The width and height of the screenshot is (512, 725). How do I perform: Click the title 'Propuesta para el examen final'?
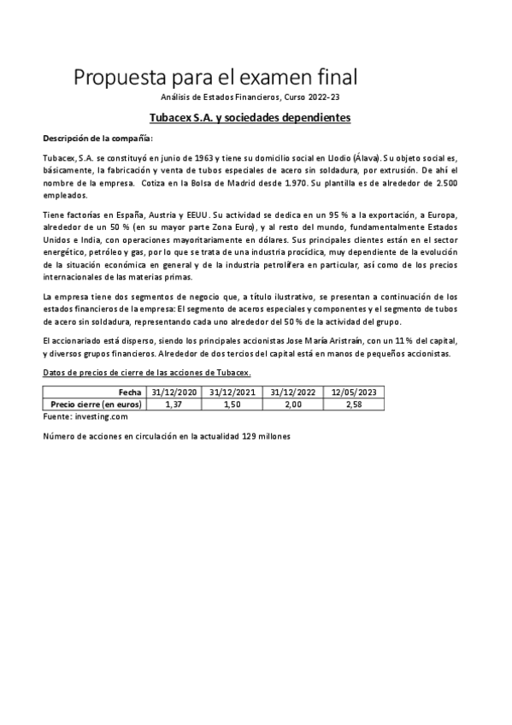pos(215,78)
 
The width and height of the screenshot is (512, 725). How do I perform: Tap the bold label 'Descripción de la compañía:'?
pos(97,138)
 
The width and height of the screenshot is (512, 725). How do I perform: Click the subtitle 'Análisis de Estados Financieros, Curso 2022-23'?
pos(256,100)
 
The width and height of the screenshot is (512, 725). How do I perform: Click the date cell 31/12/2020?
pos(174,392)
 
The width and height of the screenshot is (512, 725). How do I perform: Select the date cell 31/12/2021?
pos(233,392)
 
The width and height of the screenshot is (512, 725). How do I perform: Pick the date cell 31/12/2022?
pos(293,392)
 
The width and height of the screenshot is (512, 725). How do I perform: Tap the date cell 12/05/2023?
pos(354,392)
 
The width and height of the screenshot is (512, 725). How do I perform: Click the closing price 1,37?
pos(174,404)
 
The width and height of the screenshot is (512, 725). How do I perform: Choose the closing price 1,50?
pos(233,404)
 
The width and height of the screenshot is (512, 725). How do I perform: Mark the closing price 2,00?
pos(293,404)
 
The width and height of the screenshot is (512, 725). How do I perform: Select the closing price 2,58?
pos(354,404)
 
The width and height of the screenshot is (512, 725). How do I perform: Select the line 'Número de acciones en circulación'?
pos(167,436)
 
